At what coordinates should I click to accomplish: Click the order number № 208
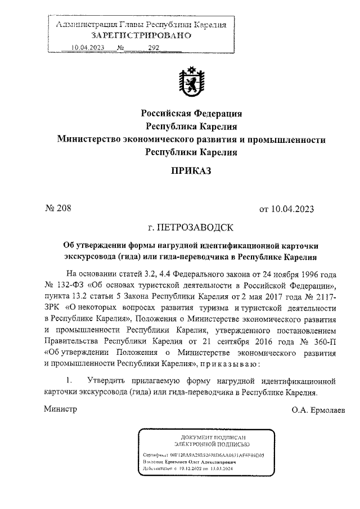click(x=58, y=209)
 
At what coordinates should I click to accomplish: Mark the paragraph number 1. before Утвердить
click(x=70, y=381)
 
